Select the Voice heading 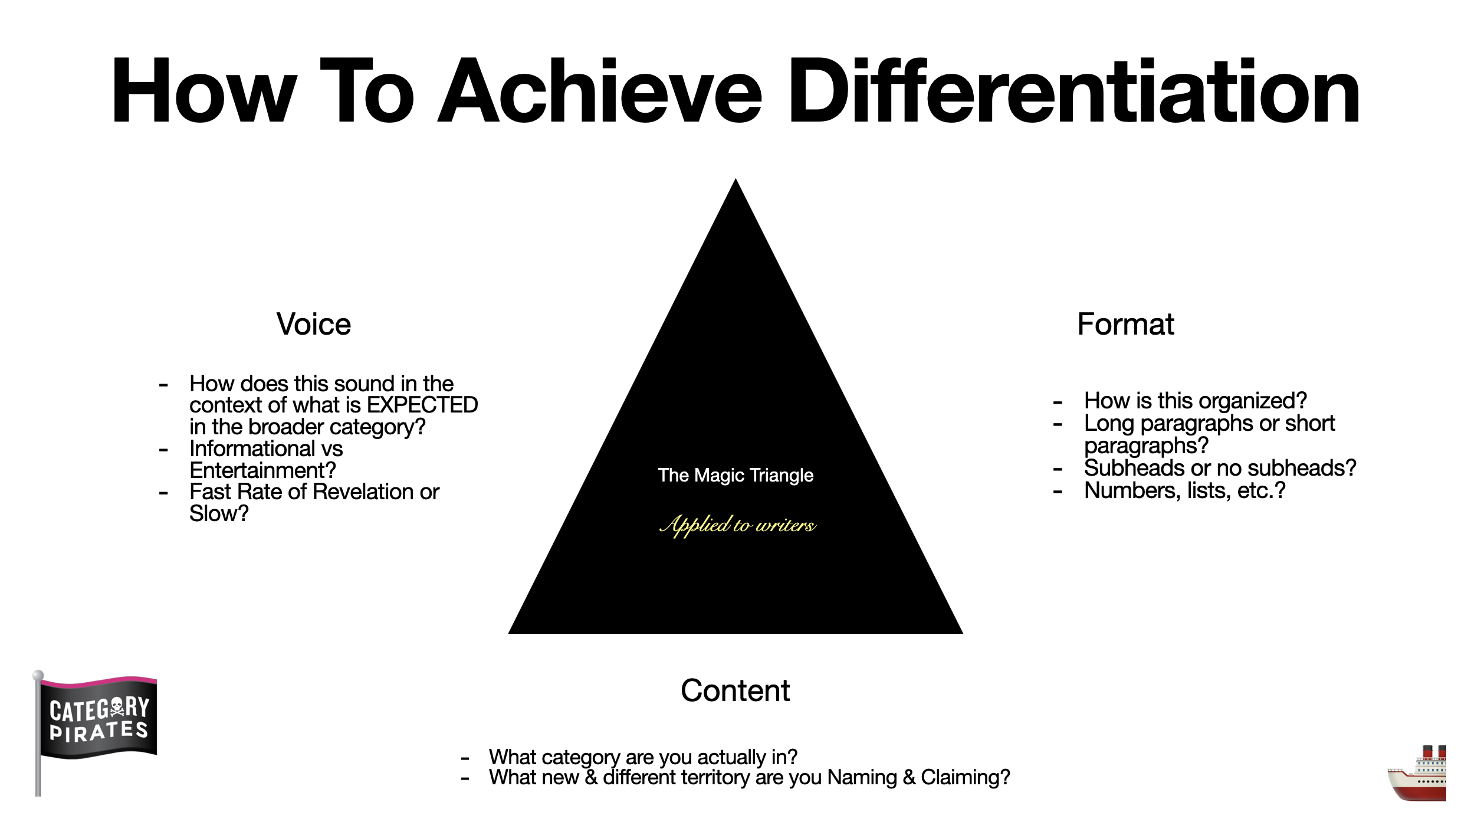coord(314,324)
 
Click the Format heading coord(1125,324)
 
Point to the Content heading coord(735,690)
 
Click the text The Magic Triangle coord(735,475)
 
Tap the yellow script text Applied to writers coord(737,525)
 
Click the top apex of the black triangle coord(735,179)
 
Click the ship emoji coord(1417,773)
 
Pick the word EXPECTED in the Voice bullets coord(422,405)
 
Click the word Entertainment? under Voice coord(262,470)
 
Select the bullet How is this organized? coord(1196,401)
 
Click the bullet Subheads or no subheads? coord(1220,468)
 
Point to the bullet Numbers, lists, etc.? coord(1184,490)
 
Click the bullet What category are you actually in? coord(643,757)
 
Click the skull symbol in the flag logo coord(117,707)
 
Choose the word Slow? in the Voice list coord(219,513)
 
